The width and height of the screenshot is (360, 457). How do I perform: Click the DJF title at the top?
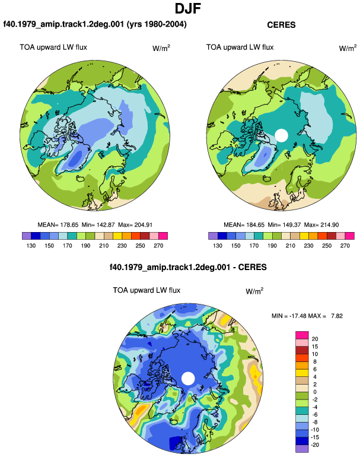(x=188, y=8)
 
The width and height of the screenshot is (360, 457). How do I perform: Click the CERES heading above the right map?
(x=281, y=25)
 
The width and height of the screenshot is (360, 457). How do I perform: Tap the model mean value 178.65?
(x=69, y=225)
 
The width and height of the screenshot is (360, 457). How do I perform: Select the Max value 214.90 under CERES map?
(x=329, y=225)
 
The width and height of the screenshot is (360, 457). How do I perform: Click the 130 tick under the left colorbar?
(x=31, y=246)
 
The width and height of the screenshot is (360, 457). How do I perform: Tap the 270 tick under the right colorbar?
(x=345, y=246)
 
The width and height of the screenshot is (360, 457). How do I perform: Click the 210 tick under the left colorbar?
(x=104, y=246)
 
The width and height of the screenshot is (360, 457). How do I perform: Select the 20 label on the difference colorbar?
(x=315, y=339)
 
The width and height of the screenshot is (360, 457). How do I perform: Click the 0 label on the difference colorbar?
(x=315, y=392)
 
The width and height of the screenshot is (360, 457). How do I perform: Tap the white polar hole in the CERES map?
(x=281, y=135)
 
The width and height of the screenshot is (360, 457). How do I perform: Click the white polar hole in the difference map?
(x=188, y=378)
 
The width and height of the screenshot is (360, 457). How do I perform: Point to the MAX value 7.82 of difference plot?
(x=337, y=316)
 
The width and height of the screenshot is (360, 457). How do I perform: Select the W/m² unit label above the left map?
(x=161, y=48)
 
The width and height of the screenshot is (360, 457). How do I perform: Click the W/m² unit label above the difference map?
(x=254, y=291)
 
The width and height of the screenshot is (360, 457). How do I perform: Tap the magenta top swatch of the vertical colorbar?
(x=302, y=335)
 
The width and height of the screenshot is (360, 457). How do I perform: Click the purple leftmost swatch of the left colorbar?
(x=27, y=236)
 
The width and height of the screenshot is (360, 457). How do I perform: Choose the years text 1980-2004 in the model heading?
(x=163, y=24)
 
